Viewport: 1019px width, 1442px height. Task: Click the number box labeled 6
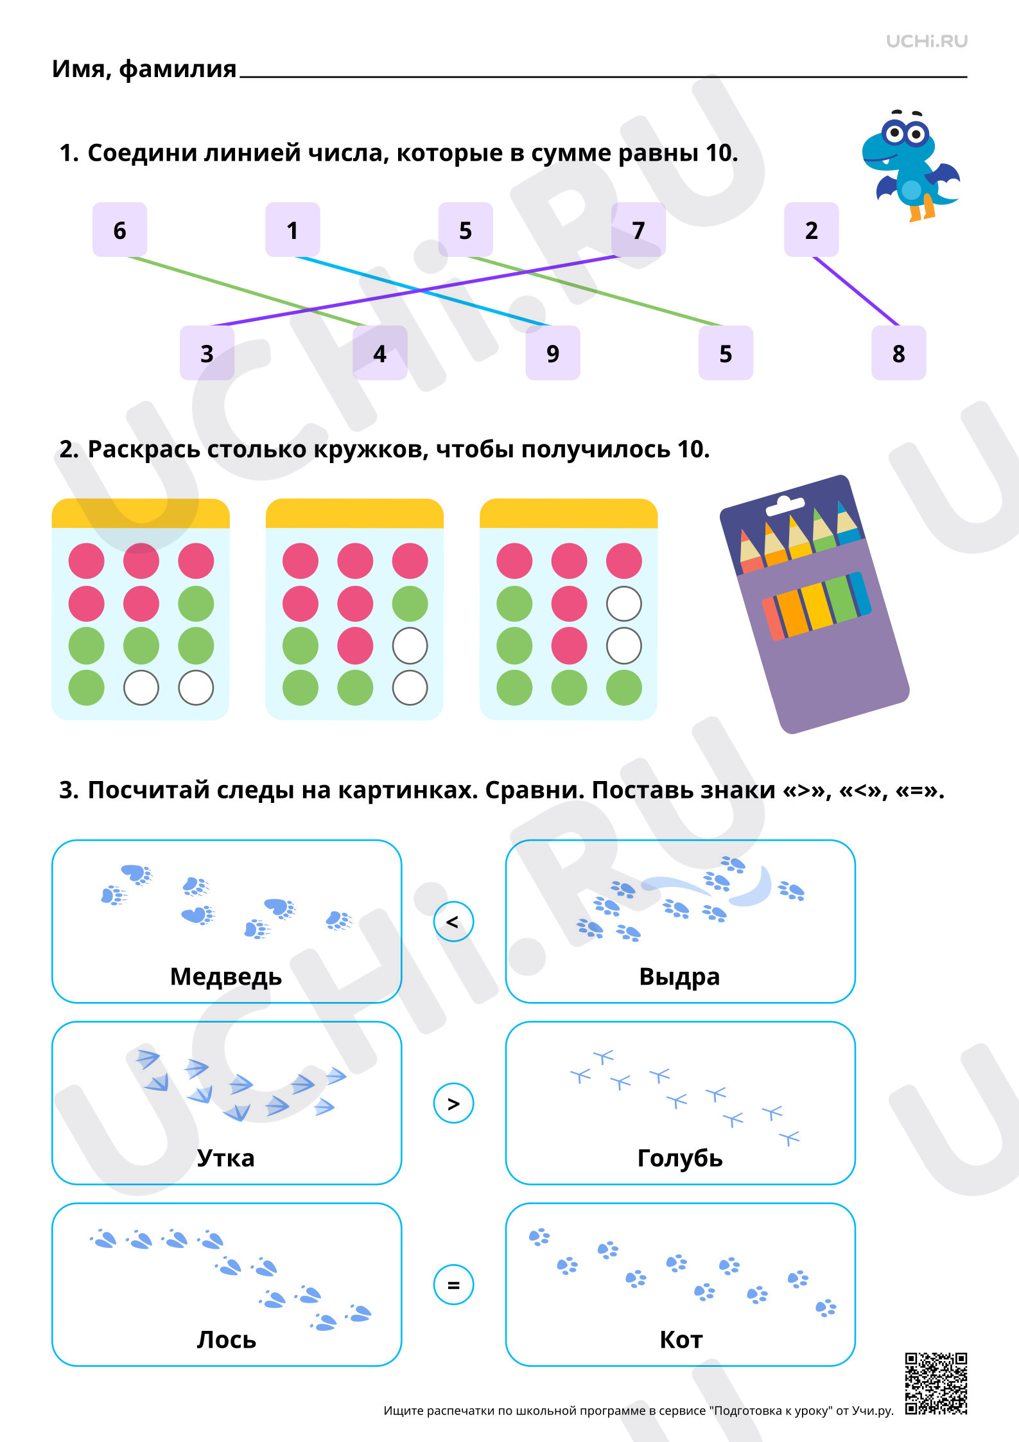point(119,229)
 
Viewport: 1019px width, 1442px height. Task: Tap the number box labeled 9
point(553,353)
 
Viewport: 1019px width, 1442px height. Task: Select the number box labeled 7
point(638,229)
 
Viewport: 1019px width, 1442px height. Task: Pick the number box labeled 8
point(898,353)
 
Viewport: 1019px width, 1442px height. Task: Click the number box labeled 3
point(207,353)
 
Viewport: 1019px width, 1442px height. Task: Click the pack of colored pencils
point(814,604)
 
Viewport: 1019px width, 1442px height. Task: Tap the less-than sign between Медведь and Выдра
point(453,922)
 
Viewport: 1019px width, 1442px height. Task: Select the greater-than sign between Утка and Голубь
point(453,1103)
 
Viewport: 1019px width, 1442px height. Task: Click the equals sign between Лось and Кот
point(453,1285)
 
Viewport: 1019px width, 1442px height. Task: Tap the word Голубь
point(680,1158)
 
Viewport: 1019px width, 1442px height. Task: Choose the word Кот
point(681,1340)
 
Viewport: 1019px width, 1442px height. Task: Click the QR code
point(936,1384)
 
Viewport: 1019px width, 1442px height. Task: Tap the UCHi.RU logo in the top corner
point(927,41)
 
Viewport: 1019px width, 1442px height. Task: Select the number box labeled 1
point(293,229)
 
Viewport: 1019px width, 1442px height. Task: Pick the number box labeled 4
point(380,353)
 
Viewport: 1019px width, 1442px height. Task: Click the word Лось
point(226,1340)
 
